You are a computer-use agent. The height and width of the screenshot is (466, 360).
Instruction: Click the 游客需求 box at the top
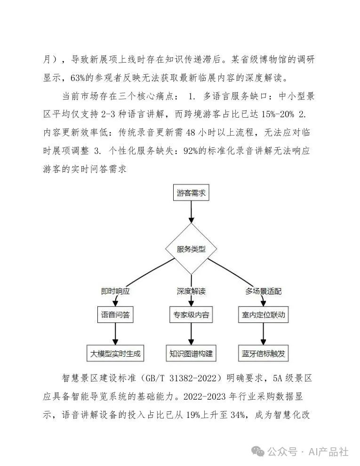(x=191, y=193)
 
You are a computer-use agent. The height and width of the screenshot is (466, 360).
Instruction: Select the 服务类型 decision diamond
(x=191, y=249)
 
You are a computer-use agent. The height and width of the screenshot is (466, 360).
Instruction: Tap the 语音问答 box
(x=115, y=314)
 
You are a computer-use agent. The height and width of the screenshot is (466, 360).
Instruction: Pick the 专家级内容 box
(x=191, y=314)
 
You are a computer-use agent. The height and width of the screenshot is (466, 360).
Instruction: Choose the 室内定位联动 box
(x=263, y=314)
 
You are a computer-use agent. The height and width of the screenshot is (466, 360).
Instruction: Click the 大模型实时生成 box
(x=115, y=354)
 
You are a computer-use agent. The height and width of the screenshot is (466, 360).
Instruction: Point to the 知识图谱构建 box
(x=191, y=354)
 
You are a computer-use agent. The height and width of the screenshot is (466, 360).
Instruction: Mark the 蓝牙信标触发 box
(x=263, y=354)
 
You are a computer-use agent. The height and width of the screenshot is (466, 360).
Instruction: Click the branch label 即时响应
(x=115, y=291)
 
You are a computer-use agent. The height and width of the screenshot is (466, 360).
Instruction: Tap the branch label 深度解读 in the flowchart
(x=191, y=291)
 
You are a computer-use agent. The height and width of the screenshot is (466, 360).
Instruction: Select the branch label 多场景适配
(x=263, y=291)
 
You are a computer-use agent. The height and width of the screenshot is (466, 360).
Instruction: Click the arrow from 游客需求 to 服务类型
(x=191, y=212)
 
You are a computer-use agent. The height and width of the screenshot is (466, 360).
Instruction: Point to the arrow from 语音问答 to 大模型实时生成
(x=115, y=334)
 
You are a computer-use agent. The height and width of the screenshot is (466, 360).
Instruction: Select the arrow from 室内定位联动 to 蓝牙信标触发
(x=263, y=334)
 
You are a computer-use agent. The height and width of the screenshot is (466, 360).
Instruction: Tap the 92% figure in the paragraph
(x=191, y=151)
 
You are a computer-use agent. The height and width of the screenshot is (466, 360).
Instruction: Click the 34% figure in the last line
(x=238, y=415)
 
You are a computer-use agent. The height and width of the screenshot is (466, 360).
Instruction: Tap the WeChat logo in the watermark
(x=258, y=452)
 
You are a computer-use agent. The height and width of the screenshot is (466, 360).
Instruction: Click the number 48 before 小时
(x=191, y=133)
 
